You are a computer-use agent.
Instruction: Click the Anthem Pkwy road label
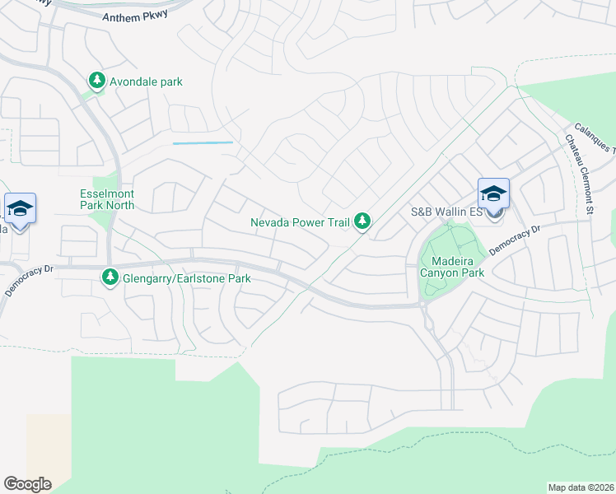(134, 16)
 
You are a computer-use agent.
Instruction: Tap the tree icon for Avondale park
(97, 81)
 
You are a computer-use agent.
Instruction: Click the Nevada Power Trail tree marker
(362, 221)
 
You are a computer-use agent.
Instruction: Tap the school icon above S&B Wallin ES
(493, 194)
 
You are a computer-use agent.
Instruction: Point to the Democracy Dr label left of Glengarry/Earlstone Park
(29, 279)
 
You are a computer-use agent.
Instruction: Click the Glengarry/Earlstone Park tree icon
(110, 278)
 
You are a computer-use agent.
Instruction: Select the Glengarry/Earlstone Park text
(186, 278)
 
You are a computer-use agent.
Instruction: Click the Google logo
(27, 483)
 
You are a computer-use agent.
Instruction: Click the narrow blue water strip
(203, 143)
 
